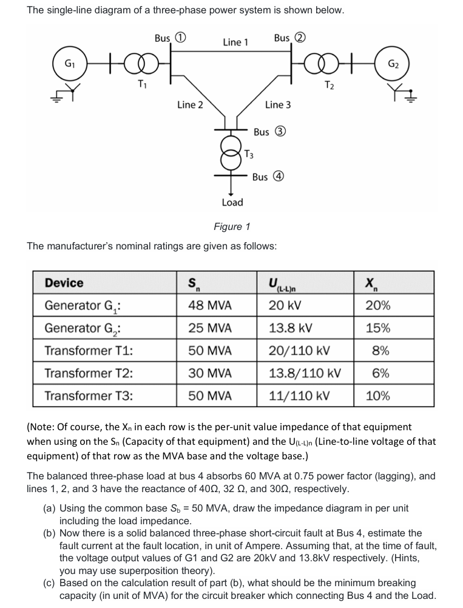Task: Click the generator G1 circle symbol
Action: point(71,64)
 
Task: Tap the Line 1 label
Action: point(235,42)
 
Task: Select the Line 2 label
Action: point(190,105)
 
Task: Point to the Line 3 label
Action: point(277,105)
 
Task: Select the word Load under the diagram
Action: point(232,202)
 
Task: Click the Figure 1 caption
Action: point(232,227)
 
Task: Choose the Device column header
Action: point(64,283)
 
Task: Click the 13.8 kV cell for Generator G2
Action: point(291,328)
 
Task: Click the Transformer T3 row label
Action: point(89,396)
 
